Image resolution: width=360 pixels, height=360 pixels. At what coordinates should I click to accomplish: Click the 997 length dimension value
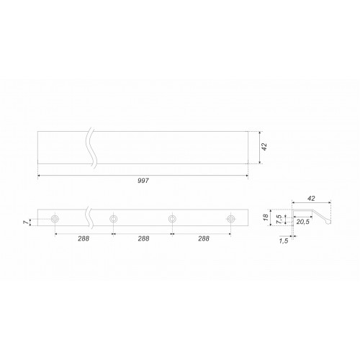[143, 181]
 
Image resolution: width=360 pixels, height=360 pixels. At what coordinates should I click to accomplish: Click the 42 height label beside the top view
[264, 147]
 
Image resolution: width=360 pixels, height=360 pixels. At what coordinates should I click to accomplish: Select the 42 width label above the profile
[311, 199]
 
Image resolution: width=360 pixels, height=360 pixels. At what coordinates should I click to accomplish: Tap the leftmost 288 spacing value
[84, 238]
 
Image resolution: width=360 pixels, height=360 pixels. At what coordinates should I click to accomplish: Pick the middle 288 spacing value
[143, 238]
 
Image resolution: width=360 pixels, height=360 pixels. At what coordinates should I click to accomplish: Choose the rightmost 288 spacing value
[204, 238]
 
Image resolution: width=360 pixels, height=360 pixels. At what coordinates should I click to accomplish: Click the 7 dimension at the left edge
[25, 222]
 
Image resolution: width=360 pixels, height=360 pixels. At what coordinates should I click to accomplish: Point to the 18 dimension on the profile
[266, 217]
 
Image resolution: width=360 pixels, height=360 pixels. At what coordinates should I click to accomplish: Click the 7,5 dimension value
[279, 220]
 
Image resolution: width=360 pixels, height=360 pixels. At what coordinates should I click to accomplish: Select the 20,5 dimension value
[303, 222]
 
